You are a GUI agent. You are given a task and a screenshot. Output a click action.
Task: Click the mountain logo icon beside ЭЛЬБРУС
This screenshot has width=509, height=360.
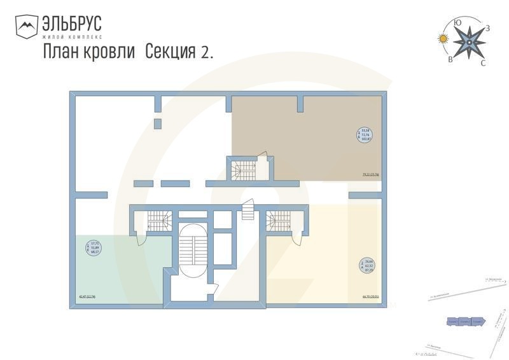(27, 27)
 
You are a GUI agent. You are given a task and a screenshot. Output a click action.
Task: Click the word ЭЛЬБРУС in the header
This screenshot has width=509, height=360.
(72, 24)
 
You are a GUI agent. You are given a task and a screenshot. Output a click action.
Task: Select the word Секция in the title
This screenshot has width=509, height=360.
(171, 52)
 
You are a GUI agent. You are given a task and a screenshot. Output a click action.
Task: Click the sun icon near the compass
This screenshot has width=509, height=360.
(443, 39)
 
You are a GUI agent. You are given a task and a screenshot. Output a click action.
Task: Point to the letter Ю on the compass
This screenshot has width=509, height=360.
(457, 23)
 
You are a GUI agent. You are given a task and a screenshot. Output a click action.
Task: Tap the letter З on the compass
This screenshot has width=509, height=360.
(487, 28)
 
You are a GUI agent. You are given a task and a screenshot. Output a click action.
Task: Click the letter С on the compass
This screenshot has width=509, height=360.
(483, 62)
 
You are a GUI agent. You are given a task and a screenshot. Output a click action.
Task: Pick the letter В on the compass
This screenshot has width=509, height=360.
(451, 59)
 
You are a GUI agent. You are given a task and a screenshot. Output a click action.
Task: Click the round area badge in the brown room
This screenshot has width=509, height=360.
(365, 135)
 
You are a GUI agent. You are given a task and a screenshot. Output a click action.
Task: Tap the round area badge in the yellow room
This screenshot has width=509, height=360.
(366, 266)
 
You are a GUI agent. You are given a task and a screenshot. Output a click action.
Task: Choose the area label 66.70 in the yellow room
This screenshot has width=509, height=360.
(370, 296)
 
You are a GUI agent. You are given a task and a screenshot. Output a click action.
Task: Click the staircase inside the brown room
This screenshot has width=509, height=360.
(244, 170)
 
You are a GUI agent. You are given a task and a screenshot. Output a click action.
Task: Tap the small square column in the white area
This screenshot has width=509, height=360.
(158, 123)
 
